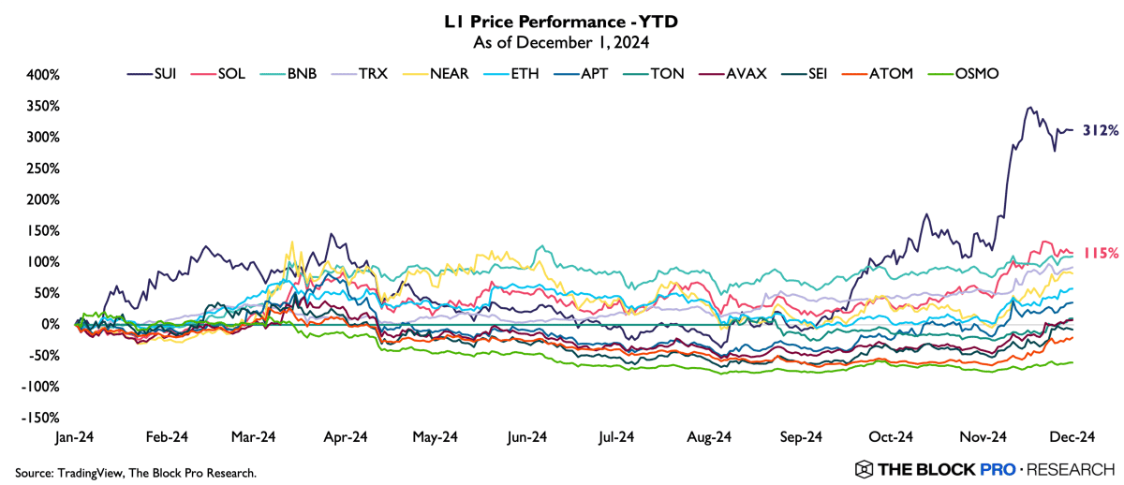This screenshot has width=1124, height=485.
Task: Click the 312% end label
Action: tap(1101, 130)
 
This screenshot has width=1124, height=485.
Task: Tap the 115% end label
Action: tap(1101, 253)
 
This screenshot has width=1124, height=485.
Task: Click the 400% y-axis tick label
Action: tap(42, 75)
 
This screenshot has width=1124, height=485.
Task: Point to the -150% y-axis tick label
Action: tap(40, 419)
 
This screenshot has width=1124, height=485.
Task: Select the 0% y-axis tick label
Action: tap(49, 325)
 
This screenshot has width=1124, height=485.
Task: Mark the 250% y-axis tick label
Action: tap(42, 169)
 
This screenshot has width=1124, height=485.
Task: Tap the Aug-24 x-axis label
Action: tap(709, 437)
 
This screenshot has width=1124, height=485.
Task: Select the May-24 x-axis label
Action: tap(436, 437)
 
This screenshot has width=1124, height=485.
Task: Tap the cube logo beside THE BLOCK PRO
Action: tap(864, 468)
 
